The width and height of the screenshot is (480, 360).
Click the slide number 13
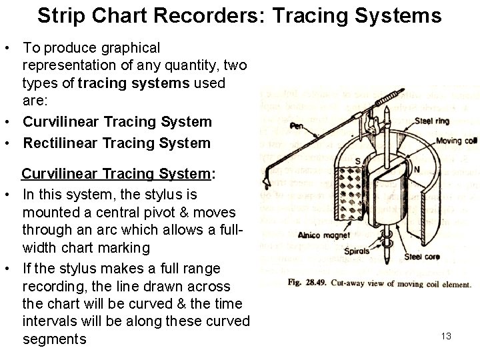tap(446, 336)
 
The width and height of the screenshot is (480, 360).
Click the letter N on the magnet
tap(417, 170)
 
